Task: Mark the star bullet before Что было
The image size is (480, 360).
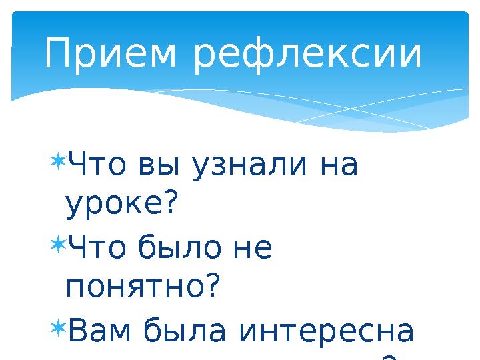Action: click(57, 245)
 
